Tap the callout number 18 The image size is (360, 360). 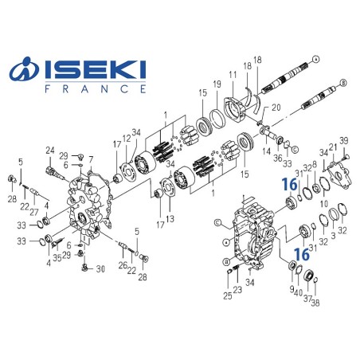(257, 60)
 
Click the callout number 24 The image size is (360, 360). (49, 150)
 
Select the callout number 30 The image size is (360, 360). (100, 269)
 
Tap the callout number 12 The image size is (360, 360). (126, 139)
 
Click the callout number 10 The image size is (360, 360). (323, 204)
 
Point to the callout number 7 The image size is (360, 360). (92, 160)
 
